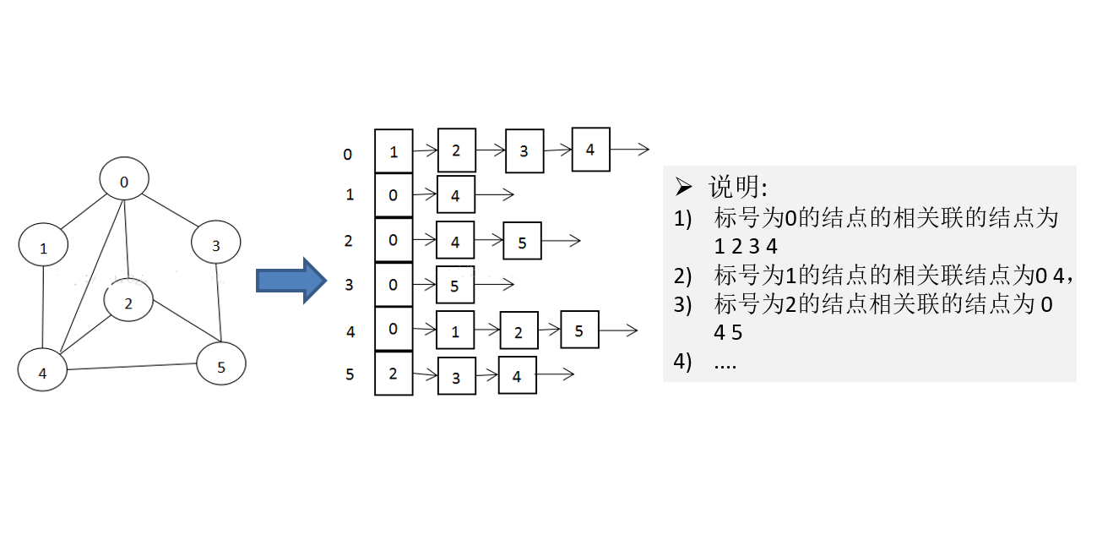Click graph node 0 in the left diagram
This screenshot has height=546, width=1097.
click(124, 180)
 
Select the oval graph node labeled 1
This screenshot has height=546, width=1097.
click(43, 247)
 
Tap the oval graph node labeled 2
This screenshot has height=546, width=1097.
click(128, 303)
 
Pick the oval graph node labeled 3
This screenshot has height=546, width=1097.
click(216, 244)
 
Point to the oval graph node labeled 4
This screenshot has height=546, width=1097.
click(43, 371)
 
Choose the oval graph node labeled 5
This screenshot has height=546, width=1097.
click(221, 365)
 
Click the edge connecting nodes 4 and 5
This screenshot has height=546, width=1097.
click(132, 367)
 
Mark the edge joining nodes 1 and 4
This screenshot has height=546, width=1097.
click(43, 308)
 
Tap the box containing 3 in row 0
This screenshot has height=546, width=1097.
click(524, 150)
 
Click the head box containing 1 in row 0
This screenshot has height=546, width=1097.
click(394, 151)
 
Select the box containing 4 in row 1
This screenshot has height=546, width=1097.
click(456, 195)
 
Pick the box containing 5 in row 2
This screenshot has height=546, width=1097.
click(522, 242)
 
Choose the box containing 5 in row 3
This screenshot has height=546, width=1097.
click(455, 286)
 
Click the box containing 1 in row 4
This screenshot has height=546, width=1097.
click(455, 330)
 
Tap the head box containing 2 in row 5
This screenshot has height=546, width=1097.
click(394, 374)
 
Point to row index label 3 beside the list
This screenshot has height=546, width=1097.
click(350, 285)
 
